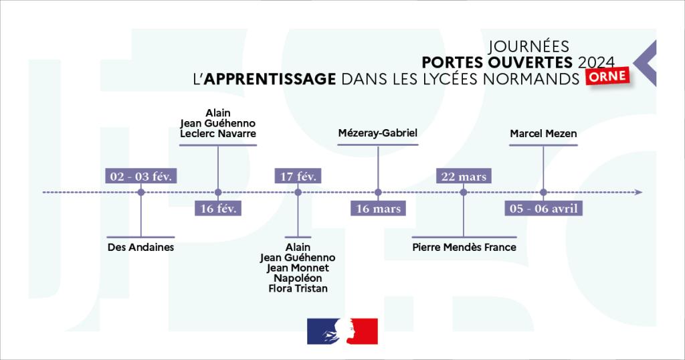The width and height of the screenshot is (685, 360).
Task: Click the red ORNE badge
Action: point(609,76)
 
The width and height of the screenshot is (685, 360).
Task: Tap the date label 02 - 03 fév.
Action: point(141,177)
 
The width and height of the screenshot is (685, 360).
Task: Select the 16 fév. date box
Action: point(218,208)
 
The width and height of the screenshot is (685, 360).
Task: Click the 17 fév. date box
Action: point(298,177)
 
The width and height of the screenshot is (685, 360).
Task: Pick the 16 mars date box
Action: point(379,208)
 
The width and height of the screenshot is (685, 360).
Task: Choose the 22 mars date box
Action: point(463,177)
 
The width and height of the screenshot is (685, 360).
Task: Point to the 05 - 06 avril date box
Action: point(543,208)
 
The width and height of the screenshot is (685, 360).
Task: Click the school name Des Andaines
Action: point(140,247)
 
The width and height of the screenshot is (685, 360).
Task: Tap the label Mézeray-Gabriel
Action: point(378,134)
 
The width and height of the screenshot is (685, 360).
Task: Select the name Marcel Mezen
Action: point(543,134)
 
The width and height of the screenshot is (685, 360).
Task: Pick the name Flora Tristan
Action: point(298,288)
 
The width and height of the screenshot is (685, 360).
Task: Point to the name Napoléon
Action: point(298,278)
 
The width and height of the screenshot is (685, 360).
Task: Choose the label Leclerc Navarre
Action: point(218,134)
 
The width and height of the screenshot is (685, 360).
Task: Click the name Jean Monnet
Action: point(298,268)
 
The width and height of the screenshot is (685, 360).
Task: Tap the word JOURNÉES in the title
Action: point(528,46)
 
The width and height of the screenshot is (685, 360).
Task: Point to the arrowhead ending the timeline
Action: point(639,193)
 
